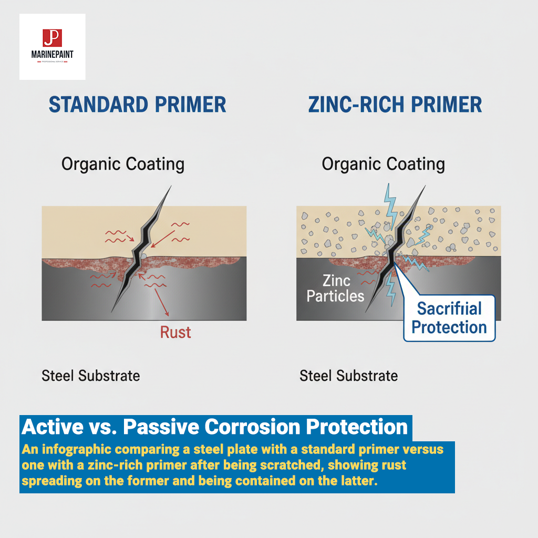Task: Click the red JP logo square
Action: point(52,38)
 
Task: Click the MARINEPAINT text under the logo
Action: point(52,54)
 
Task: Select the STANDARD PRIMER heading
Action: point(138,104)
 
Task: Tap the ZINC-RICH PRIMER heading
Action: point(395,104)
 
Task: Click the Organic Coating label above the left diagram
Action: point(123,164)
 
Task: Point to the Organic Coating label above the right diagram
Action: point(383,164)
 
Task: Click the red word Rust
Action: point(175,332)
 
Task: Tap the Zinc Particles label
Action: point(335,288)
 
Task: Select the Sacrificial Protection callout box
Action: point(449,318)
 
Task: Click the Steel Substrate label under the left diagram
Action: point(91,376)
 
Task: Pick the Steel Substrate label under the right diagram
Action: point(348,376)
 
